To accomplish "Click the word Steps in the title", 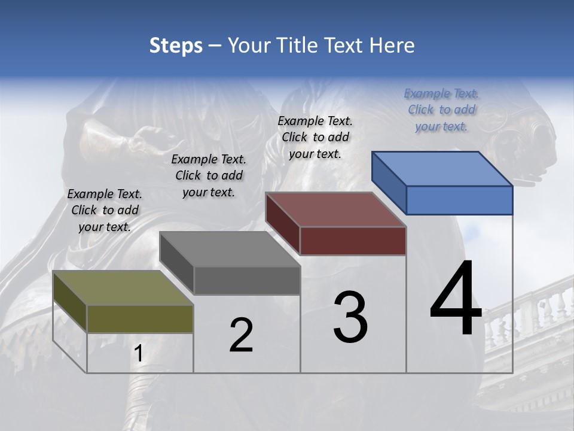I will [x=175, y=45].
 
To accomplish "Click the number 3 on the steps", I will [x=350, y=317].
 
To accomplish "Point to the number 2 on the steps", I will [x=241, y=335].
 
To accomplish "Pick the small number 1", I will [x=138, y=354].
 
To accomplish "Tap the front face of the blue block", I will [x=459, y=200].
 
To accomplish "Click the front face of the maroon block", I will [x=353, y=241].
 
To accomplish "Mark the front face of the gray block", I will [x=247, y=280].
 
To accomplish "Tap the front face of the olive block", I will [x=140, y=318].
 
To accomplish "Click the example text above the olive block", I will [x=105, y=210].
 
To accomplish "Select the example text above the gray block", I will [x=209, y=175].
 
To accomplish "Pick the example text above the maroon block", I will [x=315, y=137].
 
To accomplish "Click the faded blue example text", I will [x=441, y=110].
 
